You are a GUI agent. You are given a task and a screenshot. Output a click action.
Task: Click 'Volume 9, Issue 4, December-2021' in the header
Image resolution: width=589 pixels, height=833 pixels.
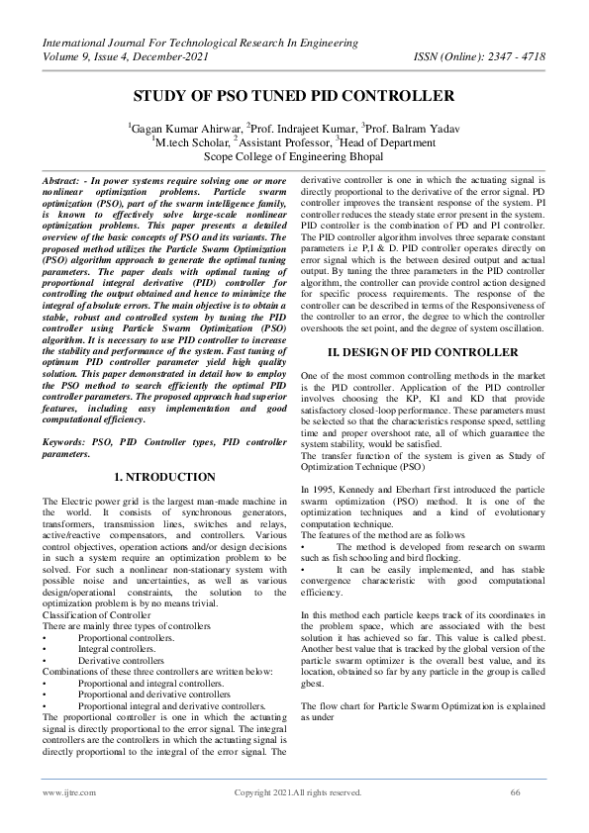[128, 55]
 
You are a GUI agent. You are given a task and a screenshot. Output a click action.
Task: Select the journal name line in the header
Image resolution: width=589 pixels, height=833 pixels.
[199, 42]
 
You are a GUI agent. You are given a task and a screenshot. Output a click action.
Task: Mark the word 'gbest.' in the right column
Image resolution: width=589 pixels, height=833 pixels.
[316, 684]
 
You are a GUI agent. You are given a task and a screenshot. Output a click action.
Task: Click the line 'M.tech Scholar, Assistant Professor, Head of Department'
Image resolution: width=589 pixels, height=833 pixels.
[294, 140]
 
